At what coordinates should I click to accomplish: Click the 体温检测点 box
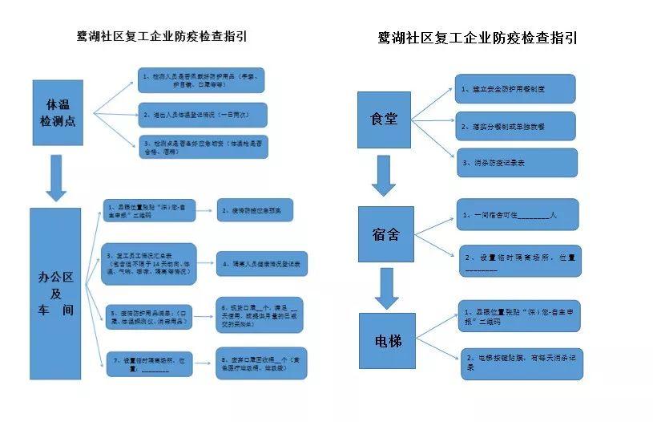(x=62, y=113)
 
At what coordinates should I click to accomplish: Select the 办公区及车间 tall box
(x=55, y=293)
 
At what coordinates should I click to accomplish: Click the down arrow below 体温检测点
(x=55, y=177)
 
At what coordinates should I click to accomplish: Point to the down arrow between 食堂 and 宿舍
(x=384, y=175)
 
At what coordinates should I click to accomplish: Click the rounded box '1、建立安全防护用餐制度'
(x=516, y=88)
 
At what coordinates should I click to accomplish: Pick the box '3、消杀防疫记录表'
(x=516, y=163)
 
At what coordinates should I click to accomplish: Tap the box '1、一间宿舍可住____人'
(x=516, y=214)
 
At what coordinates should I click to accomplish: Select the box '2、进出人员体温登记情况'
(x=202, y=115)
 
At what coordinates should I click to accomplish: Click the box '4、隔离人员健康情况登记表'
(x=263, y=263)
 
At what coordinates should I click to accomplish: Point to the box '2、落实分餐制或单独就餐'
(x=516, y=126)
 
